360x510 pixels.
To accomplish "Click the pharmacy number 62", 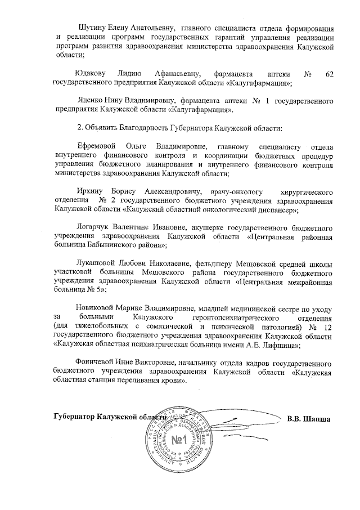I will (329, 74).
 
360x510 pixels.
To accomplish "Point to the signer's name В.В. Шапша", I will (308, 418).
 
